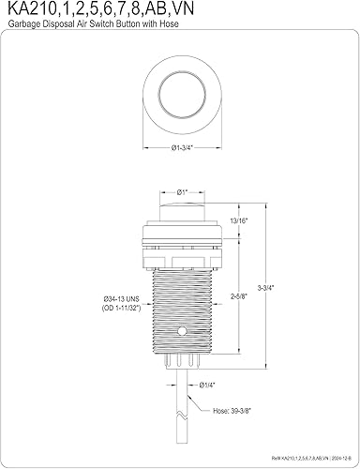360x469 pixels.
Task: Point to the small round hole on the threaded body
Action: click(x=196, y=359)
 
